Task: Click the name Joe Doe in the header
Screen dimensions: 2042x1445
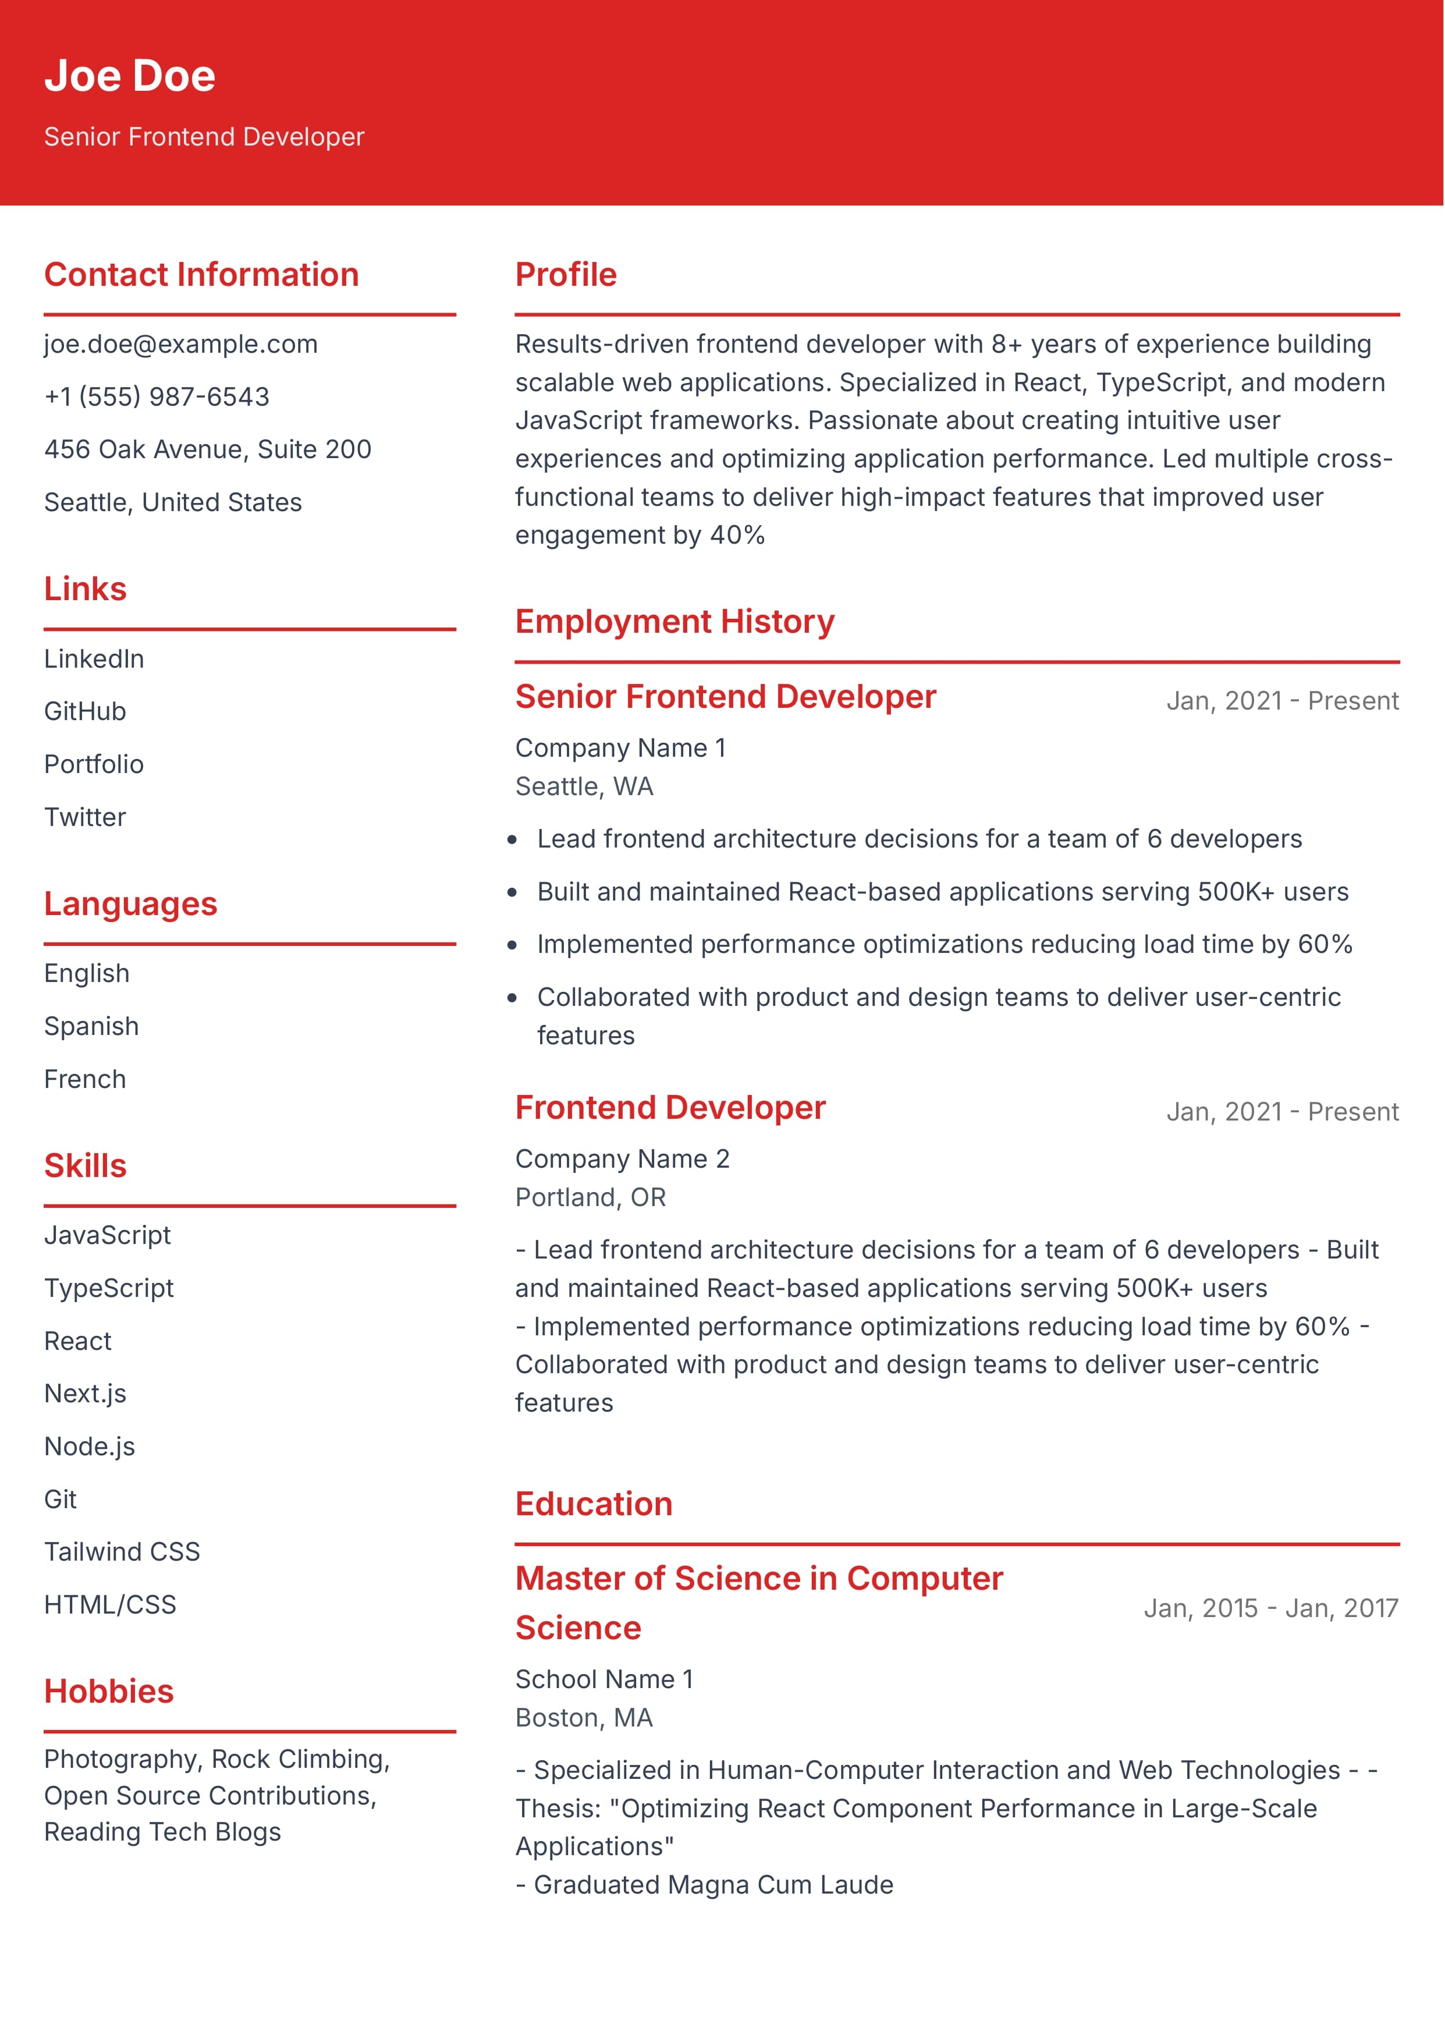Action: click(x=130, y=76)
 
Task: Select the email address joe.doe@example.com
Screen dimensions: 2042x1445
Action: click(x=180, y=345)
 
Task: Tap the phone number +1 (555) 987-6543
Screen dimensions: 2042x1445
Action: click(x=157, y=397)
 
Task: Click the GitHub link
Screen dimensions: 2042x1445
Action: click(x=86, y=712)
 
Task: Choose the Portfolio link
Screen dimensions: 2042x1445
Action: click(x=94, y=764)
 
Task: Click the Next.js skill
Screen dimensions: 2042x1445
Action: click(x=86, y=1394)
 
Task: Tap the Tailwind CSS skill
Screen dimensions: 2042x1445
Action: click(x=122, y=1552)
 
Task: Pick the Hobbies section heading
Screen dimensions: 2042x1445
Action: click(x=109, y=1692)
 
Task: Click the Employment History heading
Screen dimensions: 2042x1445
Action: click(x=674, y=622)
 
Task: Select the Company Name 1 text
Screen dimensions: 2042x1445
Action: click(x=620, y=749)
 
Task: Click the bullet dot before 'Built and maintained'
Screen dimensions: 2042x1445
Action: click(x=513, y=892)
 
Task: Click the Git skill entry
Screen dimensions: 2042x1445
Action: click(x=61, y=1499)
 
